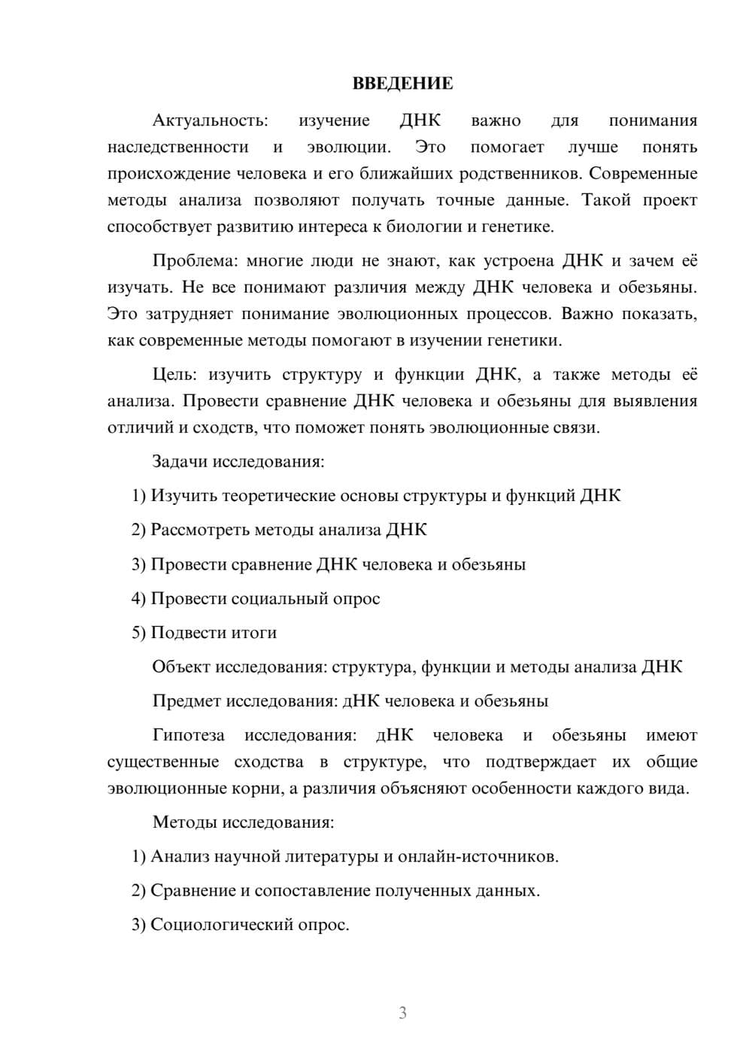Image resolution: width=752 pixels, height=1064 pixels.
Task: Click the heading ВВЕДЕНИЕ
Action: tap(402, 84)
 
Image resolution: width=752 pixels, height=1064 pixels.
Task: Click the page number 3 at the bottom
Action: tap(402, 1013)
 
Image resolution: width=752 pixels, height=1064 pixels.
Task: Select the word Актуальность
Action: tap(210, 120)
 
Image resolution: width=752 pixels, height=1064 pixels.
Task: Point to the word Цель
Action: tap(173, 375)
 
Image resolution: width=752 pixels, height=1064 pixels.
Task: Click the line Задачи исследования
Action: tap(238, 461)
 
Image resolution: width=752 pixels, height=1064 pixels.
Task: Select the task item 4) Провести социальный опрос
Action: tap(256, 599)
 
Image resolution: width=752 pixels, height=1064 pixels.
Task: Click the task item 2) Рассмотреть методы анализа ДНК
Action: tap(279, 530)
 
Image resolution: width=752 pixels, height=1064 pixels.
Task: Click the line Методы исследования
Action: tap(243, 822)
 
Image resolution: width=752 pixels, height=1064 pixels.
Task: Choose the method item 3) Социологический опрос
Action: tap(241, 925)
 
